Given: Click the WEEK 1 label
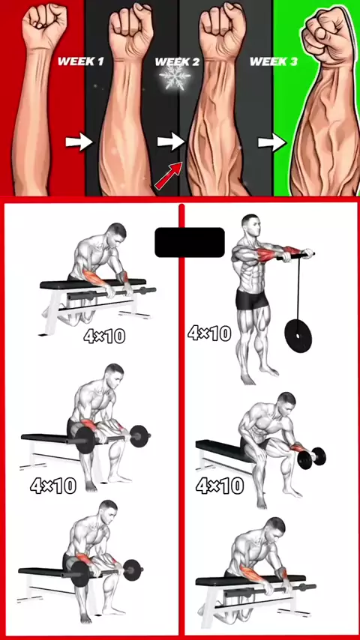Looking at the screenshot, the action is [80, 61].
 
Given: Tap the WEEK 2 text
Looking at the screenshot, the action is [177, 62].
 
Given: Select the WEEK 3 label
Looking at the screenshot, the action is [273, 61].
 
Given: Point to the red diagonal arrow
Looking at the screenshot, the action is [168, 175].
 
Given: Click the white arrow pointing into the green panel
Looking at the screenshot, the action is [271, 143].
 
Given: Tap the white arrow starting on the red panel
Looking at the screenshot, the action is [79, 142].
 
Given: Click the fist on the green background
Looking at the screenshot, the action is [325, 34].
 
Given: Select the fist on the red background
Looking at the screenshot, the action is [44, 25].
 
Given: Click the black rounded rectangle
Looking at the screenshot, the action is [190, 243].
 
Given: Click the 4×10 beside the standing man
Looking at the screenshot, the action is [210, 333].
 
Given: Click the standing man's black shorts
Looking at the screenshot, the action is [252, 300].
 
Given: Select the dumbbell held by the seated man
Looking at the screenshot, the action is [311, 458].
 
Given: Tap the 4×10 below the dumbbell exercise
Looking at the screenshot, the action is [220, 486].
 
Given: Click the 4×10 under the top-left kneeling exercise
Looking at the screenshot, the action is [104, 336].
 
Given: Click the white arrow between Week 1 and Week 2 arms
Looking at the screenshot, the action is [171, 142].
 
